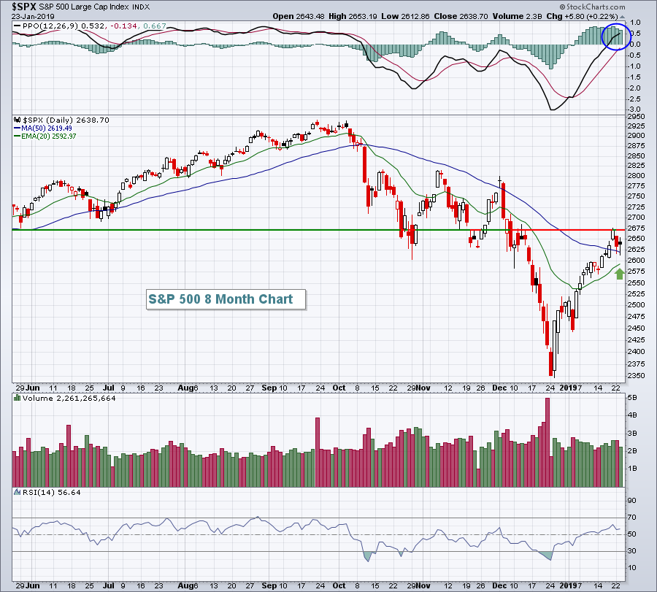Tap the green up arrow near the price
tap(620, 274)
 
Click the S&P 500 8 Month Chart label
tap(220, 299)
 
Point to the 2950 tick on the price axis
tap(639, 116)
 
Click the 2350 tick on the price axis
tap(639, 376)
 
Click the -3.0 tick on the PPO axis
tap(636, 109)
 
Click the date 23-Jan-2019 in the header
tap(31, 16)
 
